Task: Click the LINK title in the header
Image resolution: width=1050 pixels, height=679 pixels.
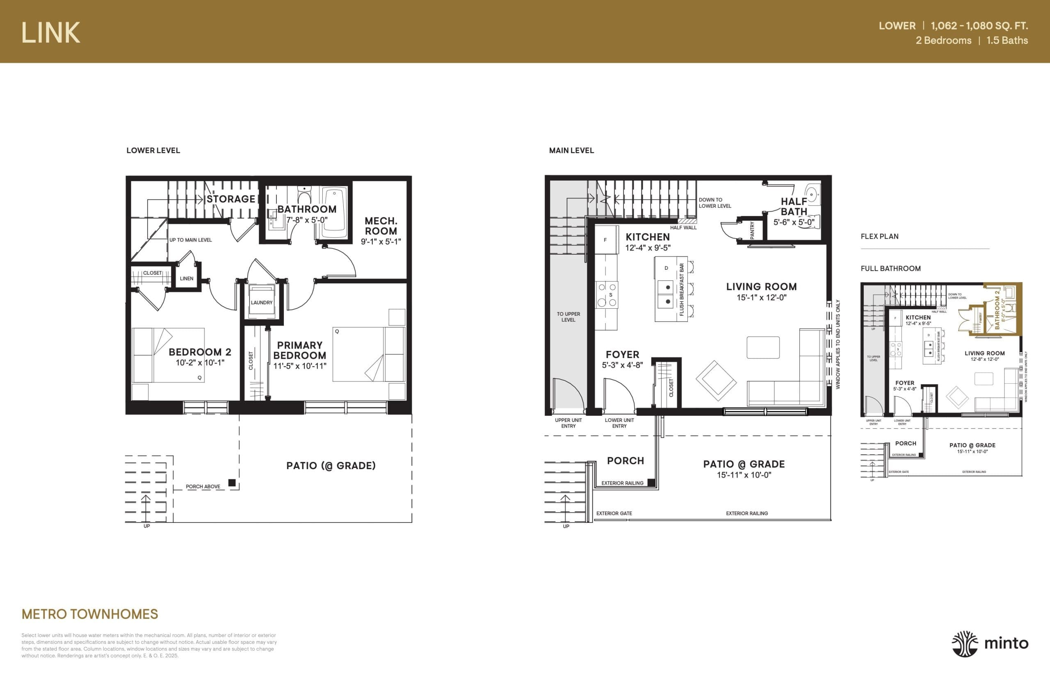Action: [51, 33]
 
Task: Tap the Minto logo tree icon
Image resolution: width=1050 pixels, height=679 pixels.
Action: [964, 644]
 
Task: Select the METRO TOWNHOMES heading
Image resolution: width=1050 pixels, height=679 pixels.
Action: [89, 614]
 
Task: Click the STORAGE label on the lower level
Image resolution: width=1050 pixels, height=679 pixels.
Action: [231, 199]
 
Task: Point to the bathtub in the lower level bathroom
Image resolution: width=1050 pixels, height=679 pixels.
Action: [334, 213]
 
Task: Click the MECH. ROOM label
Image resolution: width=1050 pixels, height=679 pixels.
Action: [381, 226]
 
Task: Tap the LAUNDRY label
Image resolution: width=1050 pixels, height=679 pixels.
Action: [262, 303]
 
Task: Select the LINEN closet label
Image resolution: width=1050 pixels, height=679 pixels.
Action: [187, 279]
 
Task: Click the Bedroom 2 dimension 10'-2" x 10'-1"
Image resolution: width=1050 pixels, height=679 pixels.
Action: [200, 363]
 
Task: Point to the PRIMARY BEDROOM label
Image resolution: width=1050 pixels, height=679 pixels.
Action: [299, 350]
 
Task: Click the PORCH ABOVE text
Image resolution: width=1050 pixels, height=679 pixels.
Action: [203, 487]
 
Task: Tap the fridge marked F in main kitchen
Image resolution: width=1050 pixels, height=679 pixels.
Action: [605, 240]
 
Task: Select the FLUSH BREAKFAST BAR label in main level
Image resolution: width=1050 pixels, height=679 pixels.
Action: [682, 289]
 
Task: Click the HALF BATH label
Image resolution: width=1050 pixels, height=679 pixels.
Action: [794, 206]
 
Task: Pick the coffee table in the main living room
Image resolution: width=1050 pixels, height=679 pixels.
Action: [763, 347]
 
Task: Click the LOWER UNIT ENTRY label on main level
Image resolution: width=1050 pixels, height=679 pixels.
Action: [619, 423]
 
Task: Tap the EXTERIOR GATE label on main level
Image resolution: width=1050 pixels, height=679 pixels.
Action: [614, 513]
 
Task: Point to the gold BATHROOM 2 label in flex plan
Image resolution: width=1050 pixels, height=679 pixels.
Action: [997, 310]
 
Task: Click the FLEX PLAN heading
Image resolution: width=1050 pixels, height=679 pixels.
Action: [879, 236]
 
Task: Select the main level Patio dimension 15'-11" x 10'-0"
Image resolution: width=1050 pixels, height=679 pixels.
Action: [744, 475]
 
